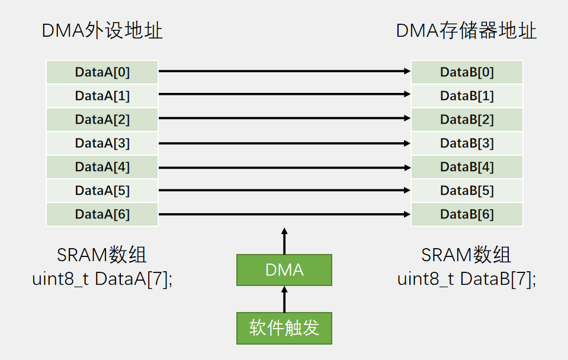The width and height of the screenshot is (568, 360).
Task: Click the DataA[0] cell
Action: click(x=102, y=72)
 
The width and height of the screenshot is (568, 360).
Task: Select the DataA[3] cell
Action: click(x=102, y=143)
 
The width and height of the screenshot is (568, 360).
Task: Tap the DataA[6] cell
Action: click(x=102, y=214)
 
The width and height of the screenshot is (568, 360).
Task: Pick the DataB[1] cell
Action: click(x=467, y=96)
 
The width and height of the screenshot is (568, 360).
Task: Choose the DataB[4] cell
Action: click(x=467, y=167)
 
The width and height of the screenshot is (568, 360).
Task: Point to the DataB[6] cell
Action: click(x=467, y=214)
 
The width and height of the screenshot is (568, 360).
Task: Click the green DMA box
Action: click(x=284, y=271)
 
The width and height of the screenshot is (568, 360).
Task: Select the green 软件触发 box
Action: click(x=284, y=328)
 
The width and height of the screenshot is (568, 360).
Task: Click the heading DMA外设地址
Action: click(x=102, y=31)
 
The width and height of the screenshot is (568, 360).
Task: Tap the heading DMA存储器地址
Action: click(x=466, y=31)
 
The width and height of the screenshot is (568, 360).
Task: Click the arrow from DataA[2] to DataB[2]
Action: click(x=284, y=118)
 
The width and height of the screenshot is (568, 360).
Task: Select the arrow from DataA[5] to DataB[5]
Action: click(x=284, y=190)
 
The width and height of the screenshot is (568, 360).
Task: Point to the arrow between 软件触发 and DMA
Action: click(x=284, y=300)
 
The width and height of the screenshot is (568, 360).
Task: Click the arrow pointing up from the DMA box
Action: click(x=284, y=242)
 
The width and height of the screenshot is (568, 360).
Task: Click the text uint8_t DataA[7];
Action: click(x=102, y=279)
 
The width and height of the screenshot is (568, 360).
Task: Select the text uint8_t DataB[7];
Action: click(x=466, y=279)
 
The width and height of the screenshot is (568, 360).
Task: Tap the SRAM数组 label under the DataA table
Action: click(x=102, y=255)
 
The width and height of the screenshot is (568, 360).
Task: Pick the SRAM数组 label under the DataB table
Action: click(x=466, y=255)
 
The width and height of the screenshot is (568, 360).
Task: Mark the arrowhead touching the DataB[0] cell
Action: click(x=407, y=71)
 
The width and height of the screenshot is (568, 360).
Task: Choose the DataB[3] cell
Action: click(x=467, y=143)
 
